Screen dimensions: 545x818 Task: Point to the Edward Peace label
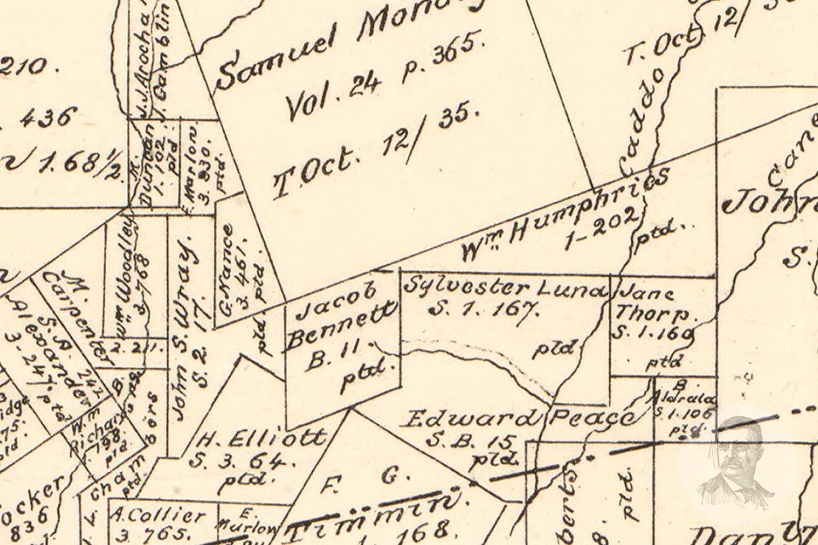tap(517, 418)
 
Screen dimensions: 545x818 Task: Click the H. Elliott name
tap(263, 438)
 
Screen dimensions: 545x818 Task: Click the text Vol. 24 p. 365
tap(383, 76)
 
